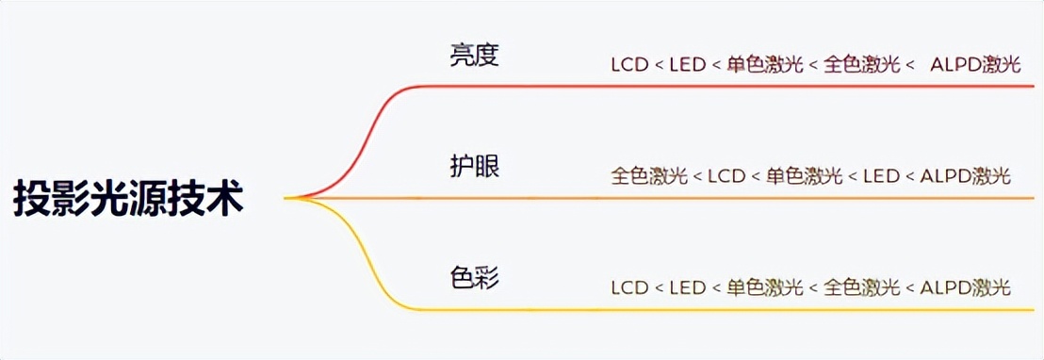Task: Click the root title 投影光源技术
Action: click(129, 199)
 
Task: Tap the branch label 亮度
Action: click(474, 56)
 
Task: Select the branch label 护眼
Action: click(474, 167)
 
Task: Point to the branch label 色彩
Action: click(474, 278)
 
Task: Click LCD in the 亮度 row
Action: click(630, 65)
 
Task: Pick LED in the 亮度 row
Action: click(688, 65)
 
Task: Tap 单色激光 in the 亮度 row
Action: click(765, 65)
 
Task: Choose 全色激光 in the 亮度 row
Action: click(861, 65)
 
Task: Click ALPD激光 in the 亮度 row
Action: click(975, 65)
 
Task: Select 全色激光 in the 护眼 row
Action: click(649, 176)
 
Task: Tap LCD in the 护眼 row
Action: click(726, 176)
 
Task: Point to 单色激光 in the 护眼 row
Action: click(804, 176)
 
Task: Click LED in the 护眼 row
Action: click(881, 176)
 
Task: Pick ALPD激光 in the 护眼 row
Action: click(965, 176)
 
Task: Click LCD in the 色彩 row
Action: click(630, 287)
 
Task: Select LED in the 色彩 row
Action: click(688, 287)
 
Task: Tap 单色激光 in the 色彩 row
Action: click(765, 287)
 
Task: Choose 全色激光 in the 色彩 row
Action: click(861, 287)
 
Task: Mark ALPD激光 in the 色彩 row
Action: click(965, 287)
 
